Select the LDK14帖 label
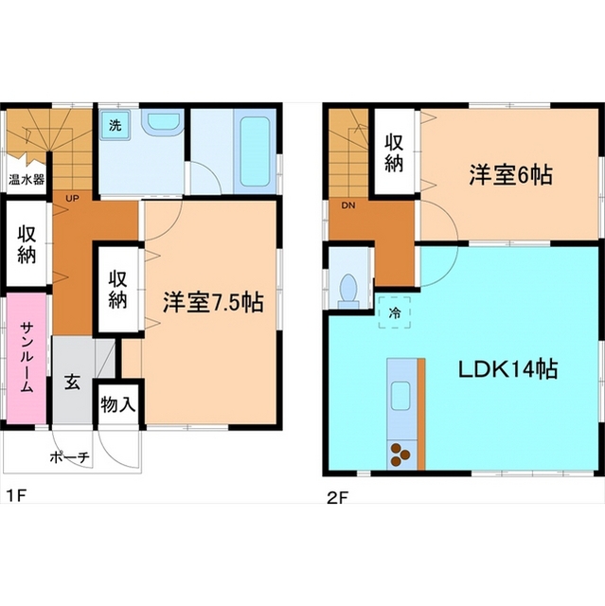pos(507,368)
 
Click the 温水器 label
pos(27,179)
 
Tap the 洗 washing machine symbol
pos(115,125)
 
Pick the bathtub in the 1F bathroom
pos(257,151)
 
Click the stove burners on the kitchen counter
pos(400,454)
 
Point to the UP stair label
pos(72,199)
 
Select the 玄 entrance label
pos(72,383)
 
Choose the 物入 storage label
pos(118,406)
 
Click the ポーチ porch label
pos(69,457)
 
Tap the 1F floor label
pos(13,495)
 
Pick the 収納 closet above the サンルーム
pos(27,243)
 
